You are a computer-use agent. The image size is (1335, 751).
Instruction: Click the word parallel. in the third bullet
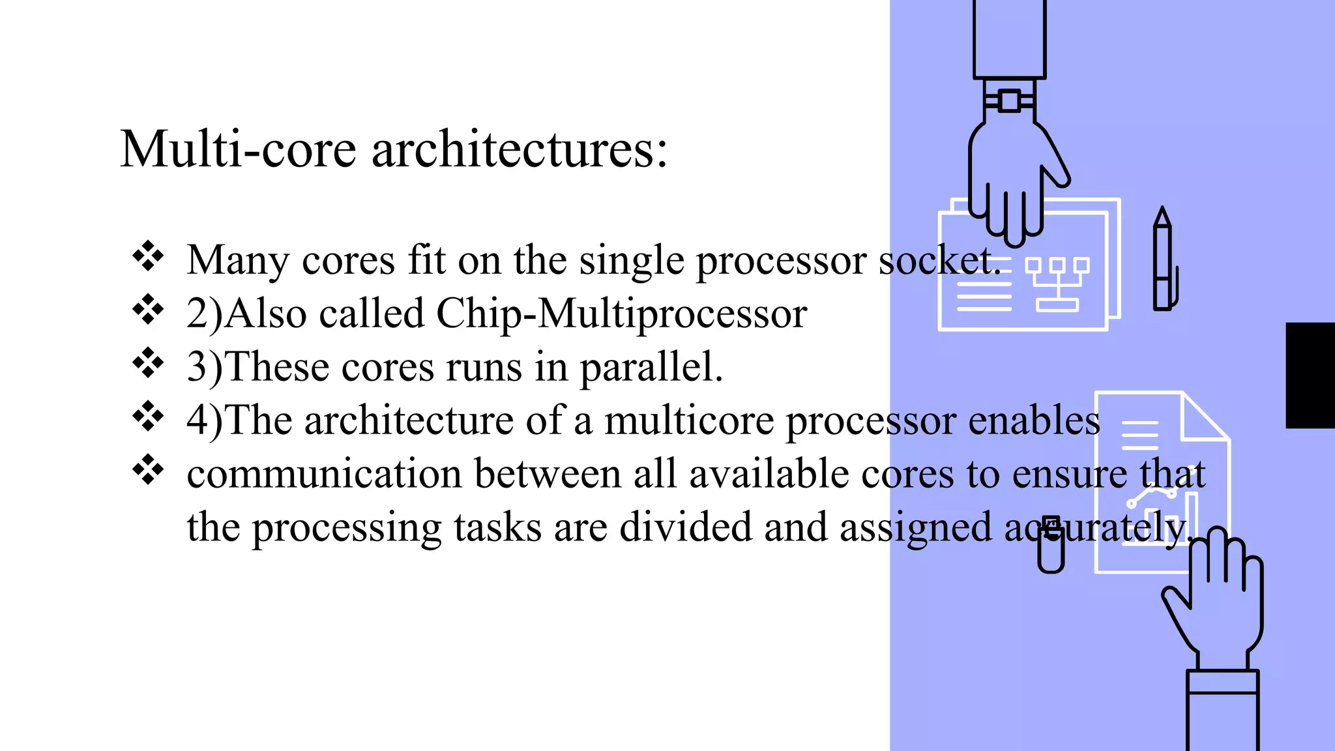point(651,367)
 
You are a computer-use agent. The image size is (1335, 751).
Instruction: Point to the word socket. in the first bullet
point(939,260)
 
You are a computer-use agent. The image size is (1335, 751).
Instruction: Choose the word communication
point(324,474)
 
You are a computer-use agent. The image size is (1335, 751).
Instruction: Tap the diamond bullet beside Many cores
point(148,256)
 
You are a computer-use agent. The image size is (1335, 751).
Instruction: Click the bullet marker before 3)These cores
point(148,363)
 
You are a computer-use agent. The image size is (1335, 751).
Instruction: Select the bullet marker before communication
point(148,470)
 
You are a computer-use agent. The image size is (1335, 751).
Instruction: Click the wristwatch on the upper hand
point(1009,101)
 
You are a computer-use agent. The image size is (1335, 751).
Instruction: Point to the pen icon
point(1163,261)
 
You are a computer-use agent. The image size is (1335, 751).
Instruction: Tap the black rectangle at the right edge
point(1310,375)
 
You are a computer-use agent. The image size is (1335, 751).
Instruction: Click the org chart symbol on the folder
point(1057,284)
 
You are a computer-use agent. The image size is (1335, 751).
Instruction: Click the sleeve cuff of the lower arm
point(1222,682)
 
